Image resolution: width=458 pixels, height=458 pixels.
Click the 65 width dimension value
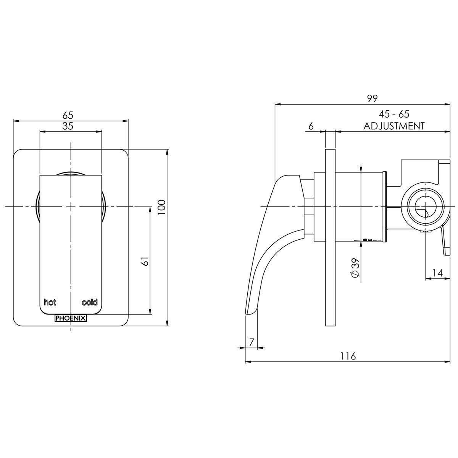click(68, 115)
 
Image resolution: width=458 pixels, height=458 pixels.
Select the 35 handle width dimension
click(68, 126)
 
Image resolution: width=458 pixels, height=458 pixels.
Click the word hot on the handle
click(50, 302)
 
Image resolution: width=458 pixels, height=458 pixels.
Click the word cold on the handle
click(90, 302)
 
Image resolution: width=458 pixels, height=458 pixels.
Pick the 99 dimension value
click(372, 98)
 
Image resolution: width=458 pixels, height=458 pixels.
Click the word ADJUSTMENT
click(394, 126)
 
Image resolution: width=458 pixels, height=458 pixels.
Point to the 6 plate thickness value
click(311, 126)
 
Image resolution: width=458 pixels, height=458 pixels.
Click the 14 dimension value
click(438, 273)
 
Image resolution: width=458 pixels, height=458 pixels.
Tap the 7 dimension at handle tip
click(251, 342)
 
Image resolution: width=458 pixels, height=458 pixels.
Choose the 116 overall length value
click(348, 356)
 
